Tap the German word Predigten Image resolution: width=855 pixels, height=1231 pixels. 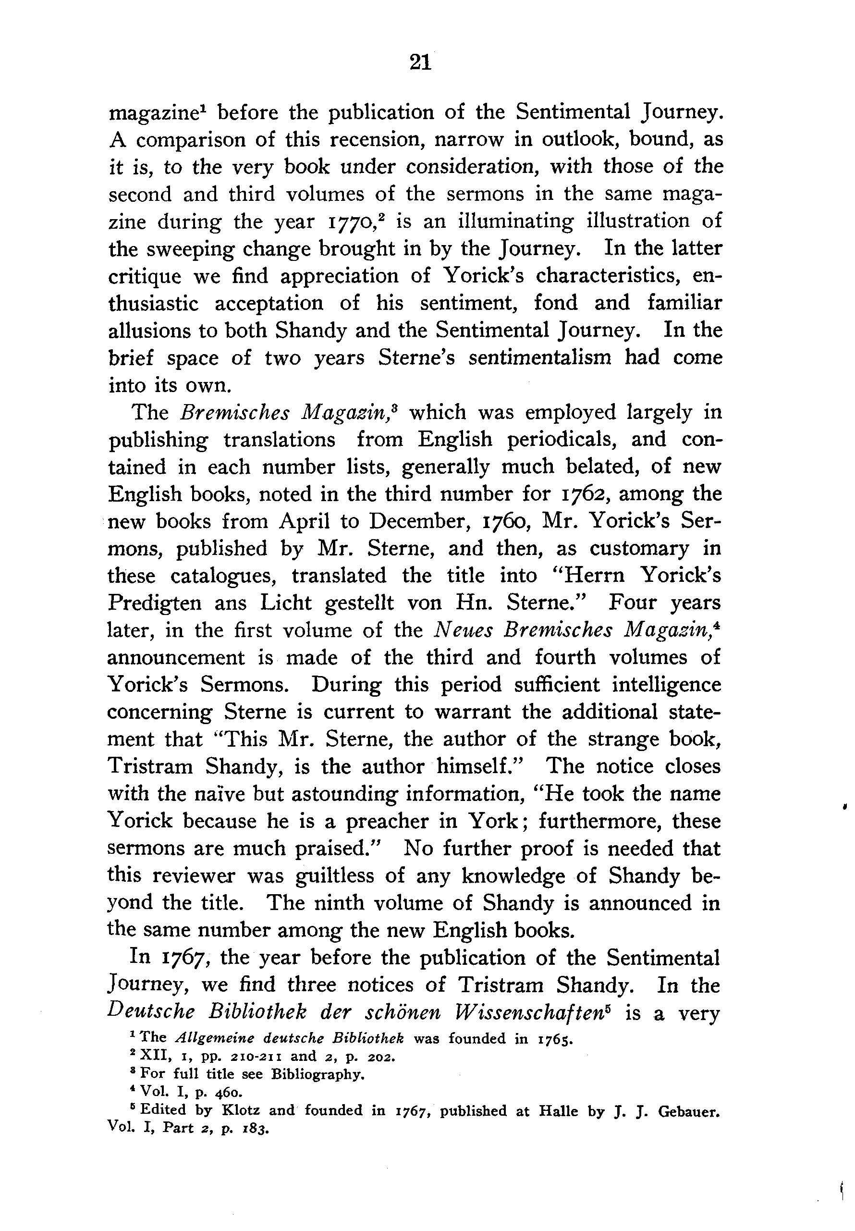[x=155, y=603]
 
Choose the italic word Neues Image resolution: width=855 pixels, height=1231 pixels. [x=462, y=630]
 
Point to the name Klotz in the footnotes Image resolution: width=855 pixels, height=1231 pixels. [x=242, y=1110]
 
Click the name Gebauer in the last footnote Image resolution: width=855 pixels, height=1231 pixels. [x=687, y=1110]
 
